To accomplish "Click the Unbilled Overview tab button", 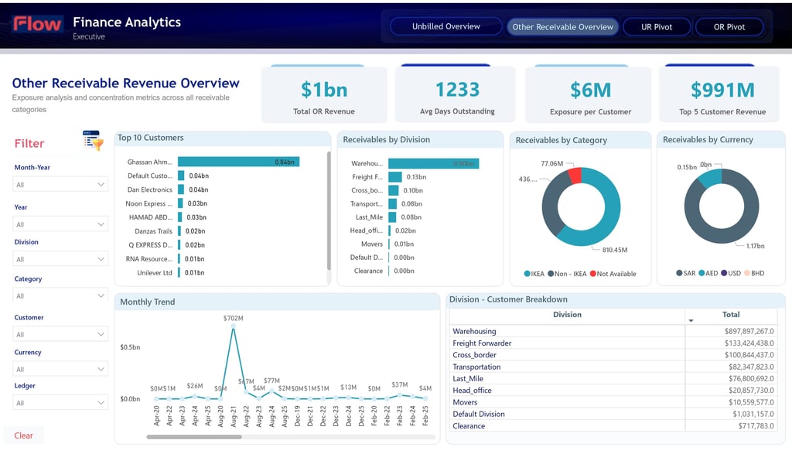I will tap(445, 27).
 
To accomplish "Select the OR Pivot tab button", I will tap(729, 27).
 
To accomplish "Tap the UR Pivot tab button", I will tap(657, 27).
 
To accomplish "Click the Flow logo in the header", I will tap(37, 24).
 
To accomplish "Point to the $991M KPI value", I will tap(722, 90).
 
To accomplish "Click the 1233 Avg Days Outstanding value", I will tap(457, 90).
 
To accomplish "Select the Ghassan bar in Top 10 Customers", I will tap(238, 162).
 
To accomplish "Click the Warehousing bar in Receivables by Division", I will tap(433, 163).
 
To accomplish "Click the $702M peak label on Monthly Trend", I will tap(233, 318).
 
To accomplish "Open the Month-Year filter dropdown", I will tap(60, 185).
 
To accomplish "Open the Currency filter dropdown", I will tap(60, 369).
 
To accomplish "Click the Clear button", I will tap(24, 435).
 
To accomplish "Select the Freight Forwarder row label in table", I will tap(482, 343).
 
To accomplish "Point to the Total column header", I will tap(731, 315).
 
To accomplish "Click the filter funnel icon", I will tap(93, 141).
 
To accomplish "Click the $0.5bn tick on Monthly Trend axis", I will tap(130, 347).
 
